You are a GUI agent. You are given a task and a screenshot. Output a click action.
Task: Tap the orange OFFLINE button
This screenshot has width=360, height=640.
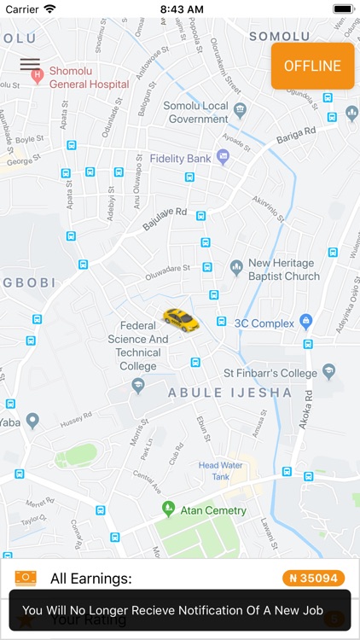point(312,66)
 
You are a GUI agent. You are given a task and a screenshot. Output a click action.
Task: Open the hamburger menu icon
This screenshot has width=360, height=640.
point(30,64)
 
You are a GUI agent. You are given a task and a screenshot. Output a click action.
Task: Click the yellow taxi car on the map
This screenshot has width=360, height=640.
point(181,319)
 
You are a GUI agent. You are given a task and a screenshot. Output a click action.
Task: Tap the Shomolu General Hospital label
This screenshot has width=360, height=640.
point(89,78)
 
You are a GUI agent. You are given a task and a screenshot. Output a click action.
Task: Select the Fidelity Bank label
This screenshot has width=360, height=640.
point(180,159)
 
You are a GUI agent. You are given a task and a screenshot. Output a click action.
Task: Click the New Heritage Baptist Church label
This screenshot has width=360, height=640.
point(283,270)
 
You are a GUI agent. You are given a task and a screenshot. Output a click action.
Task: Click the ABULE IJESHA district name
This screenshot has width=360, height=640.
point(229,393)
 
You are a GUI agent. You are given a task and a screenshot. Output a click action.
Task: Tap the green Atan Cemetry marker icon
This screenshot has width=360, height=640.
point(169,509)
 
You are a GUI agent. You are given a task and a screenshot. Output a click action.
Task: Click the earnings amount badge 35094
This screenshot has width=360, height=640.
point(314,579)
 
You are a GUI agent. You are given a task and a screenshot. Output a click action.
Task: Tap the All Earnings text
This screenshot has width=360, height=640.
point(91,579)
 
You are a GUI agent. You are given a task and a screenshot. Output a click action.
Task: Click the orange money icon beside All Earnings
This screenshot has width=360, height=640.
point(26,579)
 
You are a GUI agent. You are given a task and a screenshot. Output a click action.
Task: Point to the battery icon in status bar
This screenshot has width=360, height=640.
point(343,9)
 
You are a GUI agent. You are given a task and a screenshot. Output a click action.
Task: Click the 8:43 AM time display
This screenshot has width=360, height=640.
point(180,9)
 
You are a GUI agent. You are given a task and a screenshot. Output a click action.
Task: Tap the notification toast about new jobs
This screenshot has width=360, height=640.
point(180,610)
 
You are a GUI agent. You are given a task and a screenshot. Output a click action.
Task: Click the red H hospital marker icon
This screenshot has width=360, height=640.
point(38,77)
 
